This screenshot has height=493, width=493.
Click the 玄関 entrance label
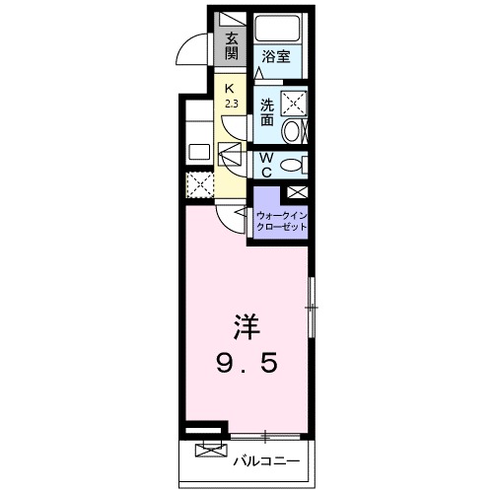pyautogui.click(x=231, y=46)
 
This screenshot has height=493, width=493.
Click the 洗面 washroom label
pyautogui.click(x=267, y=111)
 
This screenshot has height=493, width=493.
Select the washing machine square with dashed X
pyautogui.click(x=293, y=102)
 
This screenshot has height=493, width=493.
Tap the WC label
pyautogui.click(x=265, y=164)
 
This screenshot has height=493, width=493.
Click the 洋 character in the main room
pyautogui.click(x=246, y=325)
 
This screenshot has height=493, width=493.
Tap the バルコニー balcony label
pyautogui.click(x=263, y=459)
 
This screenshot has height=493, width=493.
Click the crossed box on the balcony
pyautogui.click(x=209, y=451)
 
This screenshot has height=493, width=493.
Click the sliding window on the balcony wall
pyautogui.click(x=266, y=434)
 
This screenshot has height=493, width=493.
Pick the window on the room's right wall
pyautogui.click(x=312, y=310)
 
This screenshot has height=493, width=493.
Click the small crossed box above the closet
pyautogui.click(x=296, y=192)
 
